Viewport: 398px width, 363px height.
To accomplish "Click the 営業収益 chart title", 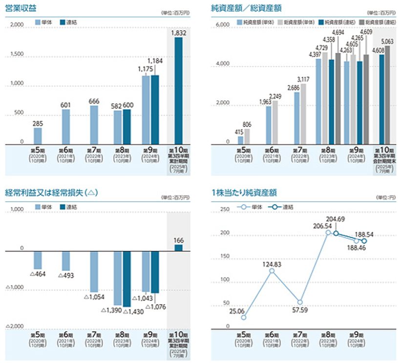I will coord(18,8).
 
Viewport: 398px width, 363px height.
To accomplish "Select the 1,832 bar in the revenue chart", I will coord(178,91).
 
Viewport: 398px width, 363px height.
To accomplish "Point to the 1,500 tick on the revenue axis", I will coord(16,54).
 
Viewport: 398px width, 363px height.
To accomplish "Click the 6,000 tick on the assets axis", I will coord(223,25).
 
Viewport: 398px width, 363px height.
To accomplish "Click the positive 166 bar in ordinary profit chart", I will coord(178,248).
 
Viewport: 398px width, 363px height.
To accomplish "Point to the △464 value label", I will coord(38,274).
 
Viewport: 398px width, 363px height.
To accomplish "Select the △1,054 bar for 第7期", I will coord(94,271).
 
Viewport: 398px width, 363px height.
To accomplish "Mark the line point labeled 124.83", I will coord(272,270).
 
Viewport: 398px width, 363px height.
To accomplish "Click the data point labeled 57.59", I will coord(300,302).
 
